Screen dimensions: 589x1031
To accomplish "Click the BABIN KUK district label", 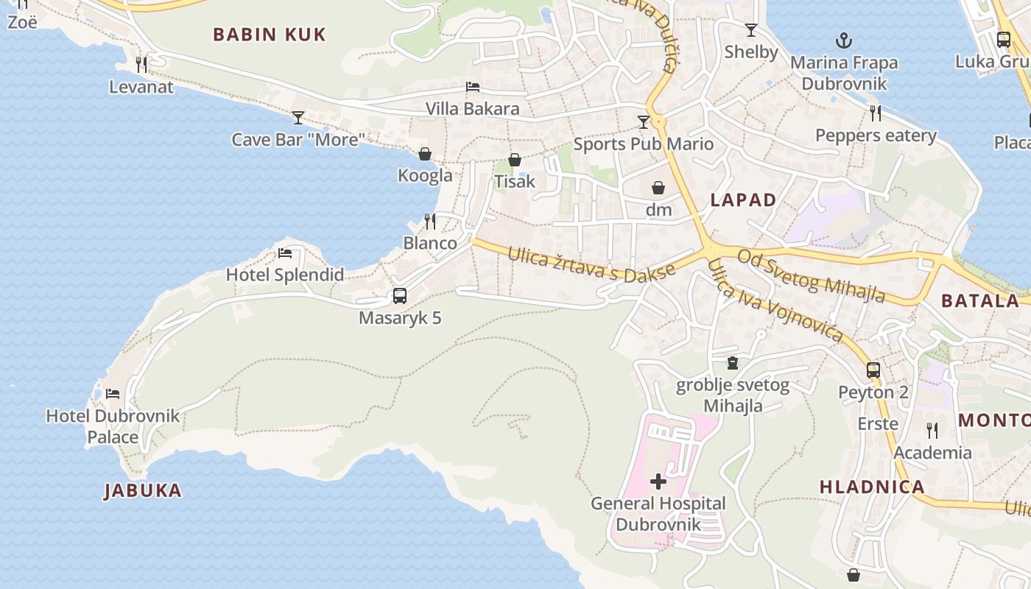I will pos(269,35).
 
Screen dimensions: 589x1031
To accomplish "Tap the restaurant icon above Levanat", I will pos(141,65).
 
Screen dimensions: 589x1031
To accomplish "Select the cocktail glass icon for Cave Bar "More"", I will pos(298,117).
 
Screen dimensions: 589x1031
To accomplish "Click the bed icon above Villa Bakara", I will pos(473,87).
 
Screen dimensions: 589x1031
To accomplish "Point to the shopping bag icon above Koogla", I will pos(425,154).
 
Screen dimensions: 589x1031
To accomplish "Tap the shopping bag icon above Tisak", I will pos(515,160).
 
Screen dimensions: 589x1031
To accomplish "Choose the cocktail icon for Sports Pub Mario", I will pos(644,121).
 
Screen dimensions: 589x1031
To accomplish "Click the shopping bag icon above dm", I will pos(658,188).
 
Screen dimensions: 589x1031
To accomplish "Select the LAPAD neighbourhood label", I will pos(743,200).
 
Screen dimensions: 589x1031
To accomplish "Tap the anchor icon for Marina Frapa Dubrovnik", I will pos(843,40).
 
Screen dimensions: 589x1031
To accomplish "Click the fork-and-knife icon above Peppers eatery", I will pos(876,113).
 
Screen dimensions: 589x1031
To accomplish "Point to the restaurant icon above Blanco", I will pos(430,221).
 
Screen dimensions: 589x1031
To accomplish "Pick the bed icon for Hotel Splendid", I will pos(285,253).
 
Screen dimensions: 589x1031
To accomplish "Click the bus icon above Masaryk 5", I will pos(400,296).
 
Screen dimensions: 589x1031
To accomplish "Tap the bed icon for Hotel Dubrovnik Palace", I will pos(113,394).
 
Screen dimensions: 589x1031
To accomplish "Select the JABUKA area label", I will pos(143,490).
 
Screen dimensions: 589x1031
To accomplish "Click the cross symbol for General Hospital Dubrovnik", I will pos(658,482).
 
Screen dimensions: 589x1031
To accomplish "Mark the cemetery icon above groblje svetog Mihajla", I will pos(733,363).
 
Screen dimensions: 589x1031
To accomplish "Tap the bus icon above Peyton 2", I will pos(873,370).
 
